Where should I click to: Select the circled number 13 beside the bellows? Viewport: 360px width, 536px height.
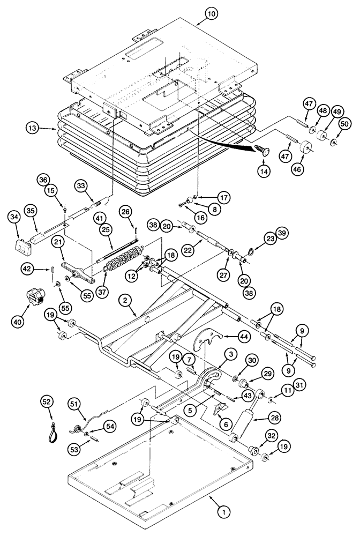pyautogui.click(x=33, y=128)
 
